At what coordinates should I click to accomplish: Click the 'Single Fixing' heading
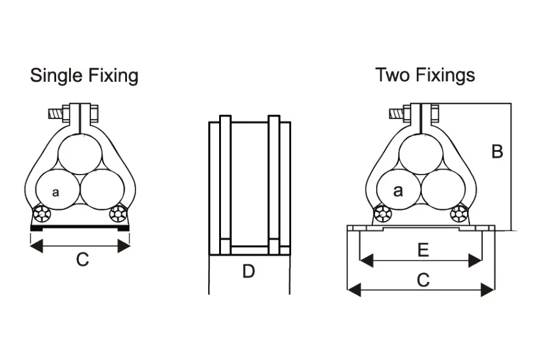click(84, 76)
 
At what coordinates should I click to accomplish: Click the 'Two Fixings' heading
click(425, 75)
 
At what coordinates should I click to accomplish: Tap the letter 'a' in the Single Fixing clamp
click(56, 192)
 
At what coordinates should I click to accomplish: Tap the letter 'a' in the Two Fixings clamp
click(398, 191)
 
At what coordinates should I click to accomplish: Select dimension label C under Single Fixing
click(82, 259)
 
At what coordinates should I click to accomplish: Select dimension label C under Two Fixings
click(422, 279)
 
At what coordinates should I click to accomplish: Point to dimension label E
click(422, 250)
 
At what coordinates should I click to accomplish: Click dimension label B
click(497, 151)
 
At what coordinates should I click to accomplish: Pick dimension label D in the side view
click(248, 271)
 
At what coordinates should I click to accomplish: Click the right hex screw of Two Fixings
click(460, 214)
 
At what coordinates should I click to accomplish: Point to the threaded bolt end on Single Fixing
click(54, 113)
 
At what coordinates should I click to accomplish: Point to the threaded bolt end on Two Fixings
click(396, 113)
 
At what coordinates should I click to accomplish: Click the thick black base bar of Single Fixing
click(80, 228)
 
